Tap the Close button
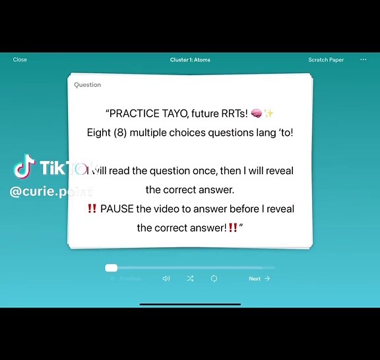click(20, 60)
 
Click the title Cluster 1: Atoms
click(190, 60)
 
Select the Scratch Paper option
click(326, 60)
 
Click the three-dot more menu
click(363, 60)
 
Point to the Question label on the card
click(87, 85)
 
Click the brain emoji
click(257, 113)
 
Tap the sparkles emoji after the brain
click(269, 113)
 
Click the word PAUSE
click(116, 209)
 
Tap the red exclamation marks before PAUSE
click(92, 209)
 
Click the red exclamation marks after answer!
click(233, 228)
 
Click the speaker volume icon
click(166, 279)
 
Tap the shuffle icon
click(190, 279)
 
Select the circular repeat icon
click(214, 279)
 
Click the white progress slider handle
click(111, 268)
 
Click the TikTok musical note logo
click(24, 167)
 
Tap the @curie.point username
click(51, 192)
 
